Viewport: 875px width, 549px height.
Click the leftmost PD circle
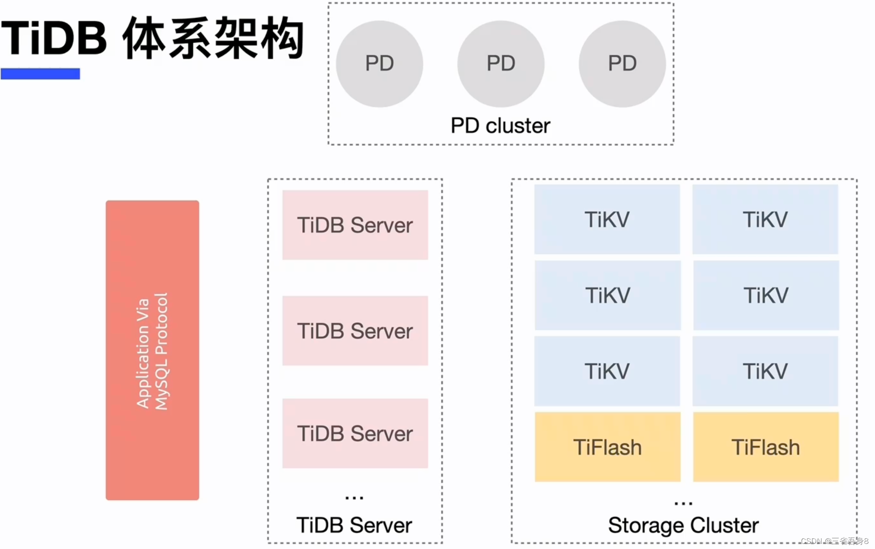[x=379, y=64]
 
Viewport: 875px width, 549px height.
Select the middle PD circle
[x=501, y=64]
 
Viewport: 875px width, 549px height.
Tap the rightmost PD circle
[x=622, y=64]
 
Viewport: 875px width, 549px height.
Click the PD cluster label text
[x=500, y=126]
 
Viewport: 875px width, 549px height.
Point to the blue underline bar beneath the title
[x=40, y=74]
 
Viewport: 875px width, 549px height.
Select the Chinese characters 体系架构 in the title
[x=213, y=39]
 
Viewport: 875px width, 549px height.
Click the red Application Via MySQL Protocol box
[x=152, y=350]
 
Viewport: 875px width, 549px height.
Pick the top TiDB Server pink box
[x=355, y=225]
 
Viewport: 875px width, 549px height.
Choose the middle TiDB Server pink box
[x=355, y=331]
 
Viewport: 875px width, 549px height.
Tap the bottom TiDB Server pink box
[x=355, y=433]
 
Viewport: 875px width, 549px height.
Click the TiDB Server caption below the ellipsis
[x=354, y=525]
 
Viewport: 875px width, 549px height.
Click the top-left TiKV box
[x=607, y=219]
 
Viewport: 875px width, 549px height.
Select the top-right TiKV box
[x=765, y=219]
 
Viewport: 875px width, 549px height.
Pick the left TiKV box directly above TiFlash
[x=607, y=371]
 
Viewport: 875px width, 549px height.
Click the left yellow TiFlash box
[x=607, y=447]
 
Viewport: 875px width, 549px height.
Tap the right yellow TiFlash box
[x=765, y=447]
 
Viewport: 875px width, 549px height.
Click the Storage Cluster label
[x=683, y=525]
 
